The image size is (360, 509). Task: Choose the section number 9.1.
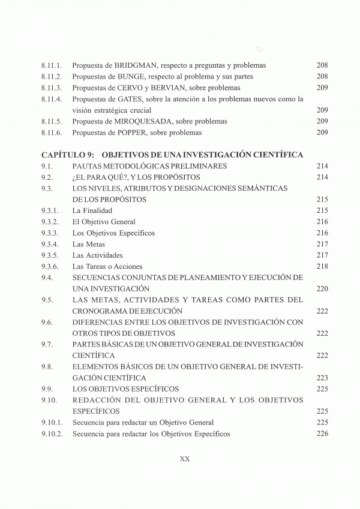(48, 166)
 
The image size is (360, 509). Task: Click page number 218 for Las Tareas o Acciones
(322, 267)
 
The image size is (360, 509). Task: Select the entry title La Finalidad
(92, 211)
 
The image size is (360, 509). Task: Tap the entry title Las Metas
(89, 245)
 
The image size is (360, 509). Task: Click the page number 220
(322, 289)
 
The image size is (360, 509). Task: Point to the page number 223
(322, 378)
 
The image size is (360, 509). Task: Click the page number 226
(322, 434)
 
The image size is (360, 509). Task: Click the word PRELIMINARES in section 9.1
(196, 166)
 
